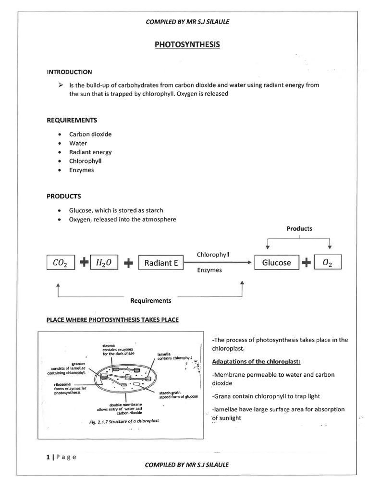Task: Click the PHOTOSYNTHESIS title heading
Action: [x=187, y=45]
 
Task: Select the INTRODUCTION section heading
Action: [x=69, y=72]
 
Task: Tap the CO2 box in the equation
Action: [x=61, y=263]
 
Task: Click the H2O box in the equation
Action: [x=104, y=263]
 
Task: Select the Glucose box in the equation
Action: [x=276, y=262]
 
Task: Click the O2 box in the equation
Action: [x=328, y=262]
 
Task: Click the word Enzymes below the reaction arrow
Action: [x=209, y=271]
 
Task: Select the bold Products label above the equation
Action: [x=299, y=229]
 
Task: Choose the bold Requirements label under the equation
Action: [x=151, y=301]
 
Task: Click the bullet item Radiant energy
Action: [x=90, y=152]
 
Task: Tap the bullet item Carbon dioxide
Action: [x=90, y=134]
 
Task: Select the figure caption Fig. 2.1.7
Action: [x=124, y=421]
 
